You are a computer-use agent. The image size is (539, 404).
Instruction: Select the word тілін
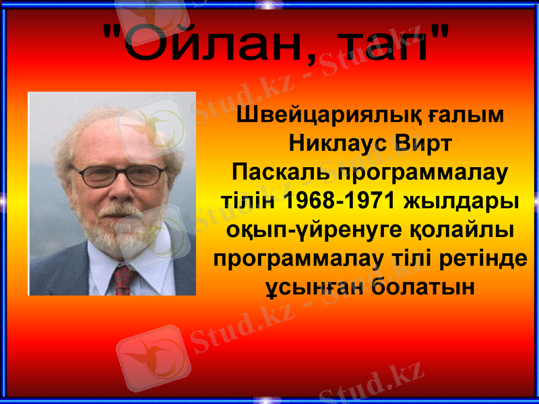click(x=248, y=201)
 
